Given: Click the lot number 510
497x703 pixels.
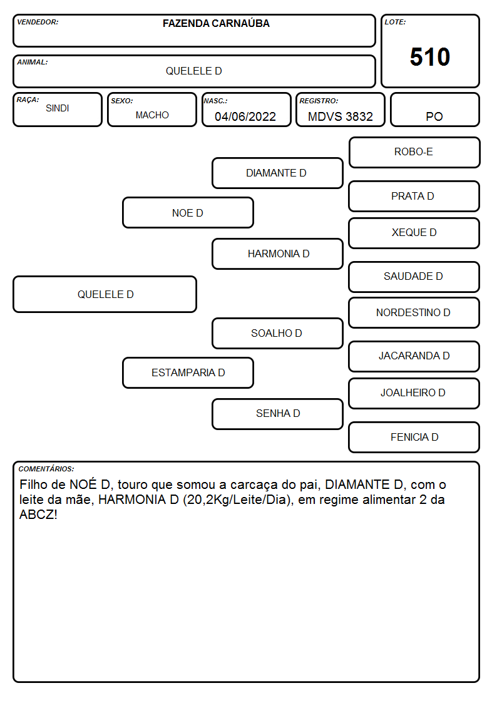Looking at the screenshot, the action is [430, 57].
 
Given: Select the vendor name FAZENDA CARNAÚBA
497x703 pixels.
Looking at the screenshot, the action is [216, 23].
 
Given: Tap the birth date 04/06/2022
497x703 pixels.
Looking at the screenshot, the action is [245, 116].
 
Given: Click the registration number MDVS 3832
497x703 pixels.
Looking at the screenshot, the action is [340, 116].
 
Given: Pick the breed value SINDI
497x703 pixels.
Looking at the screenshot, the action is [58, 108].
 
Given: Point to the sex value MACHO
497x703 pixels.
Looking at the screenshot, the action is [152, 115].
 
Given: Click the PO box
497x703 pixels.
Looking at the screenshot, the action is [434, 110].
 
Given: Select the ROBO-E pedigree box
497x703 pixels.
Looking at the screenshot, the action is [414, 153].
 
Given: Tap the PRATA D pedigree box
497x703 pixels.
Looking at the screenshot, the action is [414, 197].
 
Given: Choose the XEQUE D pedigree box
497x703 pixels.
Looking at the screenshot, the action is [414, 233].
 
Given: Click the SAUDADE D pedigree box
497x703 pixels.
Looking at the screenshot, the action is [414, 277].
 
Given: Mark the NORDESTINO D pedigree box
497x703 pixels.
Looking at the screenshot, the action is [414, 313].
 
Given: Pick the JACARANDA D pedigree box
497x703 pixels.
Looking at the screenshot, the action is [414, 356].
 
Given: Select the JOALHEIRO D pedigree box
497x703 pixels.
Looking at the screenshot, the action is [414, 394].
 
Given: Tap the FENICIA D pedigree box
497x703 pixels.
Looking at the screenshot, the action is [414, 437].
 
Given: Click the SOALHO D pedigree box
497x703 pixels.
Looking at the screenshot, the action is [277, 334].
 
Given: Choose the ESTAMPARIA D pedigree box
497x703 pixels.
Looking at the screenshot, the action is [188, 373].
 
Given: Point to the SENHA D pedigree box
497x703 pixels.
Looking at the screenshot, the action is [277, 414].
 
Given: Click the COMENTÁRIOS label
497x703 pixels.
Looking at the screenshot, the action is [46, 469].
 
